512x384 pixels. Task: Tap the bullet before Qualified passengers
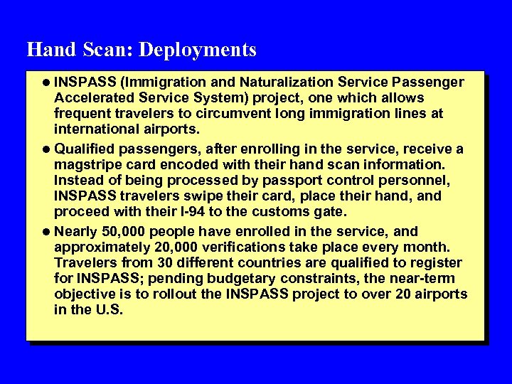[x=47, y=149]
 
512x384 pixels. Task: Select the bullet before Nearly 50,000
[x=47, y=232]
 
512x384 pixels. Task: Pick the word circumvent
[x=235, y=113]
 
